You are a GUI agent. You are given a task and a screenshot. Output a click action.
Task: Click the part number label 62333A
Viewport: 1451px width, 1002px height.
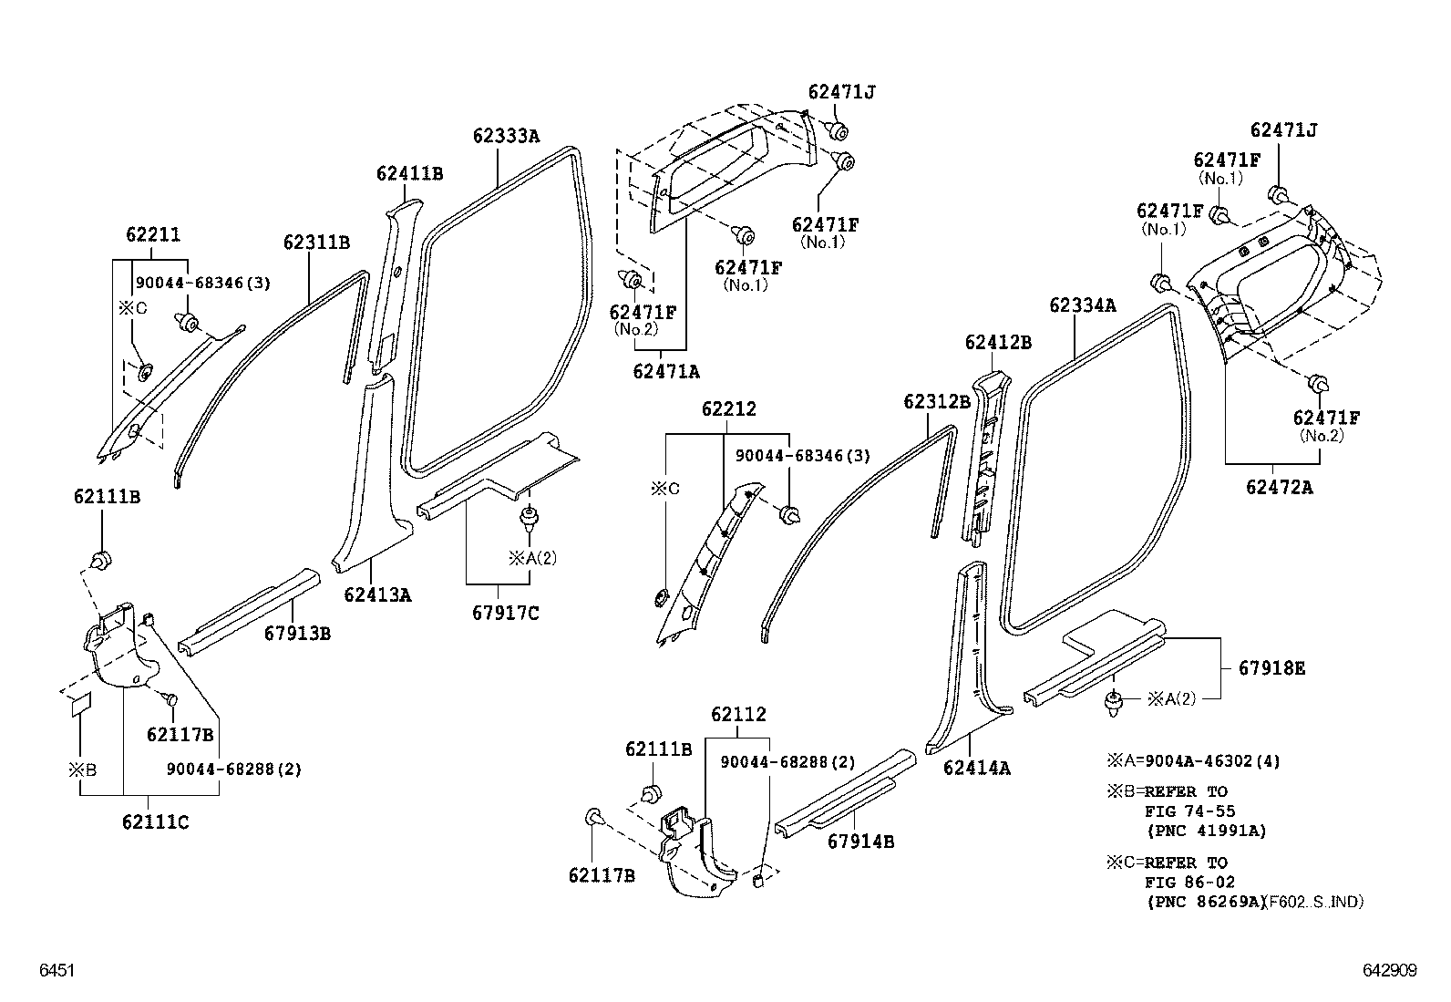pyautogui.click(x=506, y=137)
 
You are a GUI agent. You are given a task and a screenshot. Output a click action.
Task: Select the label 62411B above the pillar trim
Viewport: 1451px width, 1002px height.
pyautogui.click(x=409, y=173)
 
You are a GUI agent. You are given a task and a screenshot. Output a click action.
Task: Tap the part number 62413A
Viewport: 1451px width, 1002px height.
pyautogui.click(x=377, y=595)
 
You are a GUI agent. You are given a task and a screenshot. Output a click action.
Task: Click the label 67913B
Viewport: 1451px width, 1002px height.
pyautogui.click(x=297, y=632)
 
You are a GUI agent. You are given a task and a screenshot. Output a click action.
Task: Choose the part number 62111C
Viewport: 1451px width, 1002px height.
pyautogui.click(x=155, y=821)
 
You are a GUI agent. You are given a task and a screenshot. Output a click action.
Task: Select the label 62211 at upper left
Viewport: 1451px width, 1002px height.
pyautogui.click(x=152, y=234)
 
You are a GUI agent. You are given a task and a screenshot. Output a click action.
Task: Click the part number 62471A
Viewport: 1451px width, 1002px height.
pyautogui.click(x=665, y=371)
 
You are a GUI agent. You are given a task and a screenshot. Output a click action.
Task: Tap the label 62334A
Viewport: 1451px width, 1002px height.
pyautogui.click(x=1082, y=305)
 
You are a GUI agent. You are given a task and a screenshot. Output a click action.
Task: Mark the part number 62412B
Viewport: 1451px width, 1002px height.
pyautogui.click(x=998, y=342)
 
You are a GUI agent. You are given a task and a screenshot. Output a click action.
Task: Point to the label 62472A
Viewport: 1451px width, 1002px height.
pyautogui.click(x=1280, y=487)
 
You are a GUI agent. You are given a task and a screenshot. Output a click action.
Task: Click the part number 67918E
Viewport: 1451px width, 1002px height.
pyautogui.click(x=1271, y=668)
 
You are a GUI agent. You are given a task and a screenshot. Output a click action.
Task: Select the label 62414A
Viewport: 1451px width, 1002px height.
pyautogui.click(x=976, y=768)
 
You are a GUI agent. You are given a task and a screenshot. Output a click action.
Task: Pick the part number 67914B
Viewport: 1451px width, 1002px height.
pyautogui.click(x=860, y=842)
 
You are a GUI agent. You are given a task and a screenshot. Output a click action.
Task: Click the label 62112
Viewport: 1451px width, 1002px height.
pyautogui.click(x=738, y=715)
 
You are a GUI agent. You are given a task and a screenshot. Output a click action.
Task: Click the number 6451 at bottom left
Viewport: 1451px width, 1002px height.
pyautogui.click(x=56, y=972)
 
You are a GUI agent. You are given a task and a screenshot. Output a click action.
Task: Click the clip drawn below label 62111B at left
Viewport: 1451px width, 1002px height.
pyautogui.click(x=101, y=558)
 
